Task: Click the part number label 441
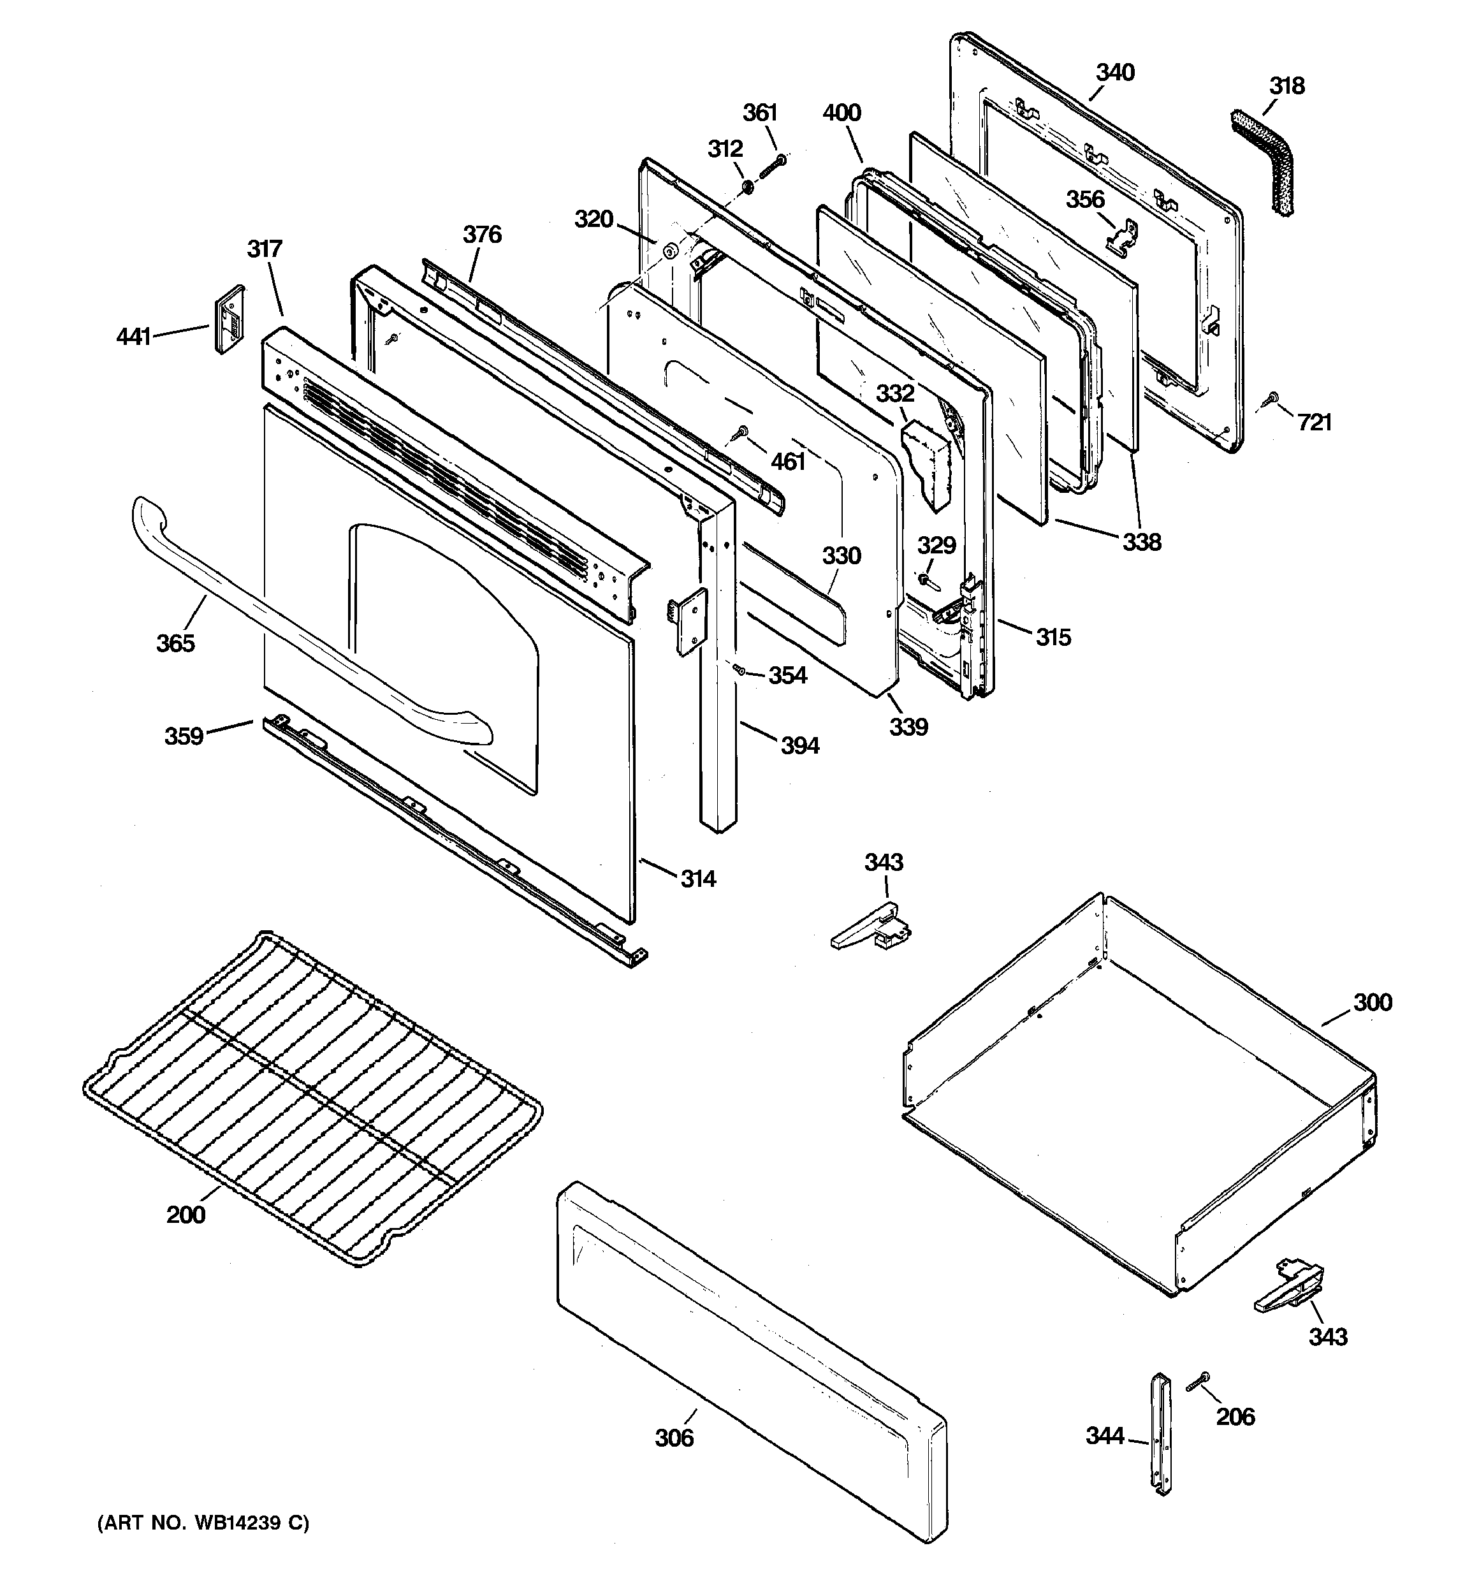pos(133,337)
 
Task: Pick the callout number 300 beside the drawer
pos(1372,1002)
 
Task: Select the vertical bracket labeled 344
pos(1162,1435)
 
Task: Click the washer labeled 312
pos(748,187)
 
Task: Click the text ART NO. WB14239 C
pos(203,1523)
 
